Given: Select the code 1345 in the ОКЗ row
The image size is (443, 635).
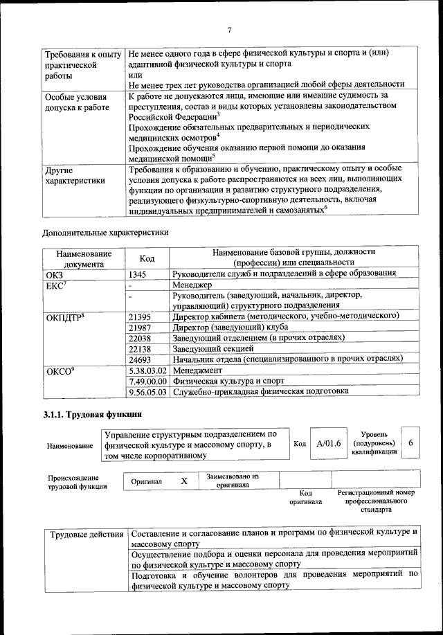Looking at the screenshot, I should point(138,274).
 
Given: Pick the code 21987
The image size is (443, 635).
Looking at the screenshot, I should point(141,327).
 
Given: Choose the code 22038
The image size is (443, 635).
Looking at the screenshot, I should point(141,338).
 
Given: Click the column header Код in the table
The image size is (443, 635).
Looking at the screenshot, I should point(147,258).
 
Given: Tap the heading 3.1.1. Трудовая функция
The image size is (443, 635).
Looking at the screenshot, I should point(92,415).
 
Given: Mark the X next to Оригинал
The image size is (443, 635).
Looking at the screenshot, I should point(183,481).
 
